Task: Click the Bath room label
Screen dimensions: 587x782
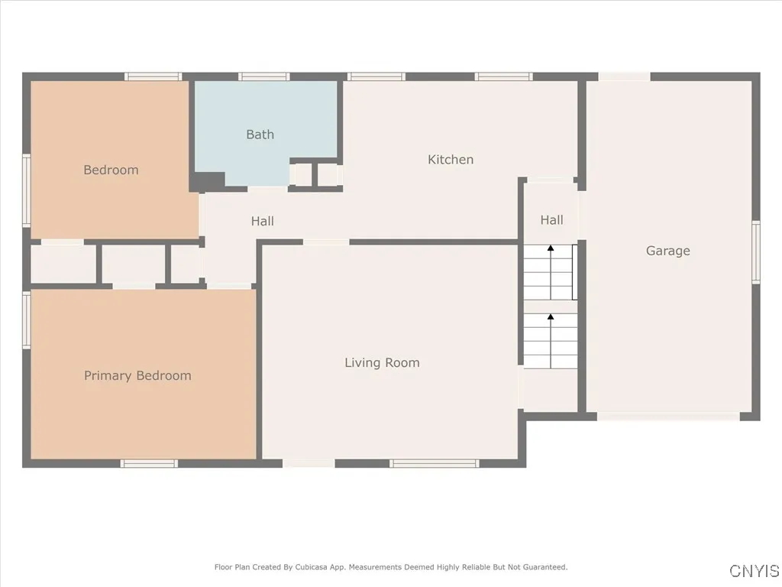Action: coord(260,135)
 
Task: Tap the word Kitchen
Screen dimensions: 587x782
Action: coord(451,160)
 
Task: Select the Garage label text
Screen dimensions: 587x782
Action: coord(667,251)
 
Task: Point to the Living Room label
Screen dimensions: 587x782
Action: coord(382,363)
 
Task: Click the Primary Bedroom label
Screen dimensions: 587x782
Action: coord(137,376)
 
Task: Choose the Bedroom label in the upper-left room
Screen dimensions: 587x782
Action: coord(111,170)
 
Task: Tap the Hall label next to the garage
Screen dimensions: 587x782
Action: coord(551,220)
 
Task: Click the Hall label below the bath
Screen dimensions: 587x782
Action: coord(262,222)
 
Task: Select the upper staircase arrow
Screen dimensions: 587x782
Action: coord(550,248)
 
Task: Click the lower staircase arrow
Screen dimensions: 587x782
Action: coord(550,316)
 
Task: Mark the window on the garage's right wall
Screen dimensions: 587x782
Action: coord(755,251)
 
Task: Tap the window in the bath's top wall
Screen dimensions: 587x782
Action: coord(263,76)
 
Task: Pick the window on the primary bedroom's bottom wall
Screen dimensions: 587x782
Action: coord(149,463)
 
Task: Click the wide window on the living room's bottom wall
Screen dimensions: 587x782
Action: coord(434,463)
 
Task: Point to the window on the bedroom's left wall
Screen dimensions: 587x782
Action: coord(26,190)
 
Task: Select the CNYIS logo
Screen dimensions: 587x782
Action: coord(755,571)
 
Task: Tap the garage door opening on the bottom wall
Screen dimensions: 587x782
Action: coord(667,417)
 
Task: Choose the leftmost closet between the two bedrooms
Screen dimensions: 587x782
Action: coord(63,264)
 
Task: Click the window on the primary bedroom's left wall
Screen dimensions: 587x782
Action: coord(26,319)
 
